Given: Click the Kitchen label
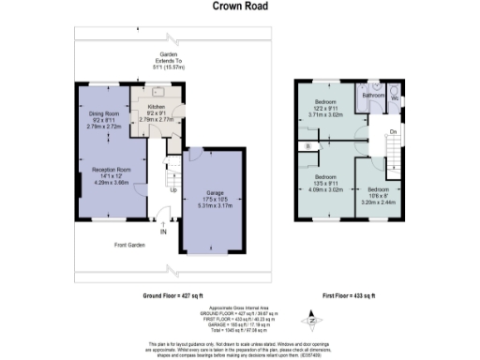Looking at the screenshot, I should coord(157,108).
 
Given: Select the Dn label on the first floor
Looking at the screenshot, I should coord(393,131).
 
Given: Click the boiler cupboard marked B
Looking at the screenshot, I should coord(308,146).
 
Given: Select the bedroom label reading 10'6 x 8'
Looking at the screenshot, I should coord(385,194).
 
